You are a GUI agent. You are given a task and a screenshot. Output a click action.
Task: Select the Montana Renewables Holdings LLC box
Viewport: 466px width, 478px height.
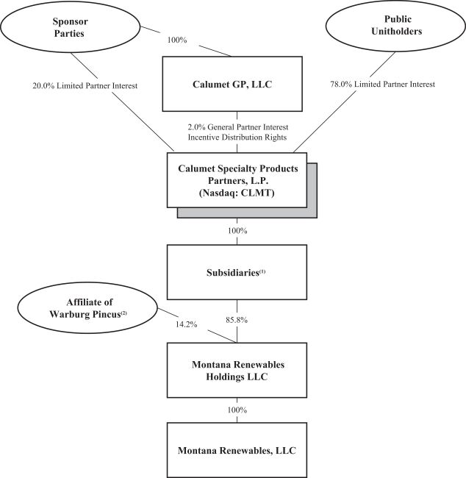pyautogui.click(x=237, y=367)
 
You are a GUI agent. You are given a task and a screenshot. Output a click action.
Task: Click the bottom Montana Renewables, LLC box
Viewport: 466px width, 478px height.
pyautogui.click(x=237, y=449)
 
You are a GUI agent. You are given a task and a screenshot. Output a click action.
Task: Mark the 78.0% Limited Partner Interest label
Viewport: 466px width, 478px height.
pyautogui.click(x=384, y=85)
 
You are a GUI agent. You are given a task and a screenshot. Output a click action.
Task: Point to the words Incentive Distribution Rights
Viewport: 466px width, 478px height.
pyautogui.click(x=237, y=138)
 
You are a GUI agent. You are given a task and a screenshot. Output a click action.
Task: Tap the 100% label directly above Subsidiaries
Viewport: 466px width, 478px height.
pyautogui.click(x=237, y=231)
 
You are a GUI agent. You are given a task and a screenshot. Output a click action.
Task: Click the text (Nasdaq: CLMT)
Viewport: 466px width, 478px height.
pyautogui.click(x=237, y=193)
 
